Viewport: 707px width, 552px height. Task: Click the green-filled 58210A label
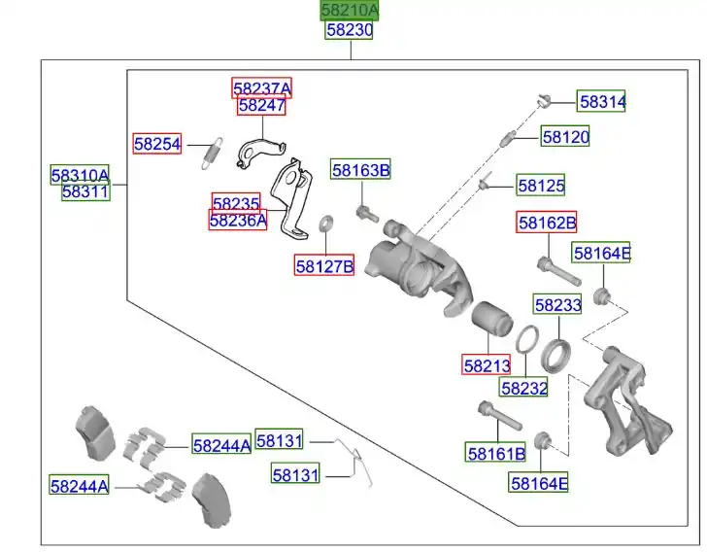click(350, 11)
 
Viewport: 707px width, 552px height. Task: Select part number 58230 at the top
click(350, 30)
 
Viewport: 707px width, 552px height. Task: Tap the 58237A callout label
click(261, 88)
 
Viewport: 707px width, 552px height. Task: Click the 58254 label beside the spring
click(157, 144)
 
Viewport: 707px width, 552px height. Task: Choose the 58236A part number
click(238, 221)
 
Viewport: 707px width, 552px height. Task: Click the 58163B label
click(360, 170)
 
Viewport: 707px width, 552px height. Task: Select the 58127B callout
click(324, 264)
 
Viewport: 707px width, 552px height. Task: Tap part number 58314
click(603, 100)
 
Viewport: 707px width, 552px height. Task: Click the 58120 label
click(565, 137)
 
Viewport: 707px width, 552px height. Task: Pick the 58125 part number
click(541, 184)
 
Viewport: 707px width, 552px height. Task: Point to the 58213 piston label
click(487, 365)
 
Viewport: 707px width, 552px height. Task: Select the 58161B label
click(495, 453)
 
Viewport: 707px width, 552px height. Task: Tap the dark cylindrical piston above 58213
click(491, 320)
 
